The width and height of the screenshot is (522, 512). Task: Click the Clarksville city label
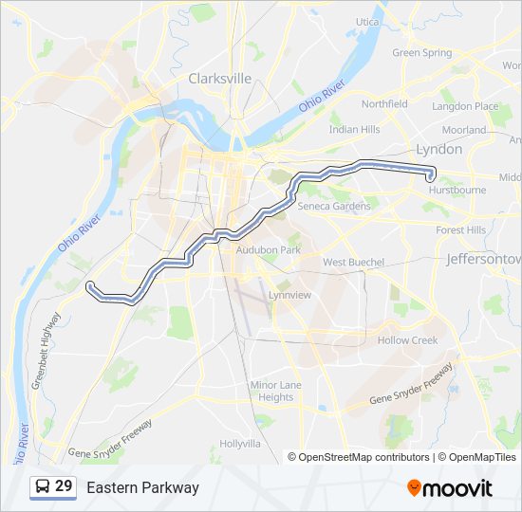[x=220, y=79]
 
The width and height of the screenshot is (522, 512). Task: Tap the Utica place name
[x=367, y=22]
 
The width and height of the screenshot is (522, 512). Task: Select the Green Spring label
[x=421, y=53]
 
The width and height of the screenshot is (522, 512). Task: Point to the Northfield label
[x=384, y=103]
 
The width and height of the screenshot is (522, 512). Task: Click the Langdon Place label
[x=465, y=106]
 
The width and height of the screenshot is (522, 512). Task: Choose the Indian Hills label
[x=353, y=129]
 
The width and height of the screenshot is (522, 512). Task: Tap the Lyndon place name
[x=438, y=149]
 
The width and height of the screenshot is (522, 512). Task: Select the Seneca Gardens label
[x=334, y=207]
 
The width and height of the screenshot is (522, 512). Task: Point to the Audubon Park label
[x=268, y=249]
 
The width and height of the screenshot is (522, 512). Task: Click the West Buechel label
[x=353, y=262]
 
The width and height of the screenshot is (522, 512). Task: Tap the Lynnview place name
[x=289, y=295]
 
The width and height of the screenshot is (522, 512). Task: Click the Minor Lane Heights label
[x=276, y=391]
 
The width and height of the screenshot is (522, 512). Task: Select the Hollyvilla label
[x=240, y=443]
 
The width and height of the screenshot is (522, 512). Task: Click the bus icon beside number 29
[x=43, y=486]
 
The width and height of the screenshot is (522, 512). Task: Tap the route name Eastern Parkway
[x=142, y=487]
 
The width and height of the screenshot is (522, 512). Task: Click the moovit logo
[x=450, y=487]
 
